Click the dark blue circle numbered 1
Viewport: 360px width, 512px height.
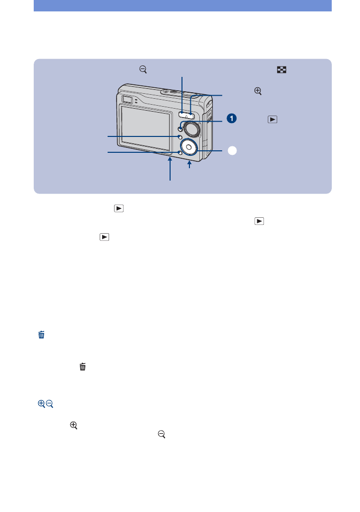pos(232,119)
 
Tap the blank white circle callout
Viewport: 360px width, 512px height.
pos(232,150)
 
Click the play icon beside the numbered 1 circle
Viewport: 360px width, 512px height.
pos(272,119)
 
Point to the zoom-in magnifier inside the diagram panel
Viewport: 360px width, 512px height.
pos(257,91)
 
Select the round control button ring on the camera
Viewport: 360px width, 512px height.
pos(188,146)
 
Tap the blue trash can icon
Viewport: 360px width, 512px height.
pos(42,335)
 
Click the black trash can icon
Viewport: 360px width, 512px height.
pos(83,367)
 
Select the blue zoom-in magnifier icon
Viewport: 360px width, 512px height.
pos(41,404)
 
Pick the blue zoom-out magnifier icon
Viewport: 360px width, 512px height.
pos(50,404)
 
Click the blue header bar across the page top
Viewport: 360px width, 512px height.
pos(182,5)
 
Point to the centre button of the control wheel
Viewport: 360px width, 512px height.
pos(188,147)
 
